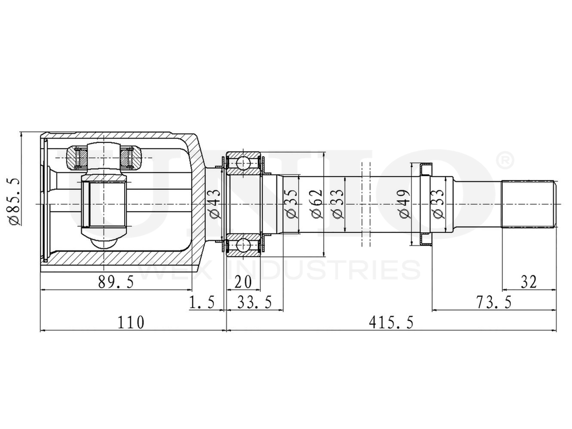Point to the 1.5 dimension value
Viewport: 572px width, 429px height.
[x=202, y=301]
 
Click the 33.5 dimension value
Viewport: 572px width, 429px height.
[x=255, y=301]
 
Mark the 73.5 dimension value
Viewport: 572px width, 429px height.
[x=494, y=301]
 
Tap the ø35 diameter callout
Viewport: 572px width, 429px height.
[x=291, y=204]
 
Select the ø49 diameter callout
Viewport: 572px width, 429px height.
[x=404, y=204]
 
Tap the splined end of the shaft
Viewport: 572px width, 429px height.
[x=529, y=204]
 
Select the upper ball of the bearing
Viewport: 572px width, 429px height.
[x=244, y=164]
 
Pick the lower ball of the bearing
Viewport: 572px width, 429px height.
[x=244, y=245]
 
